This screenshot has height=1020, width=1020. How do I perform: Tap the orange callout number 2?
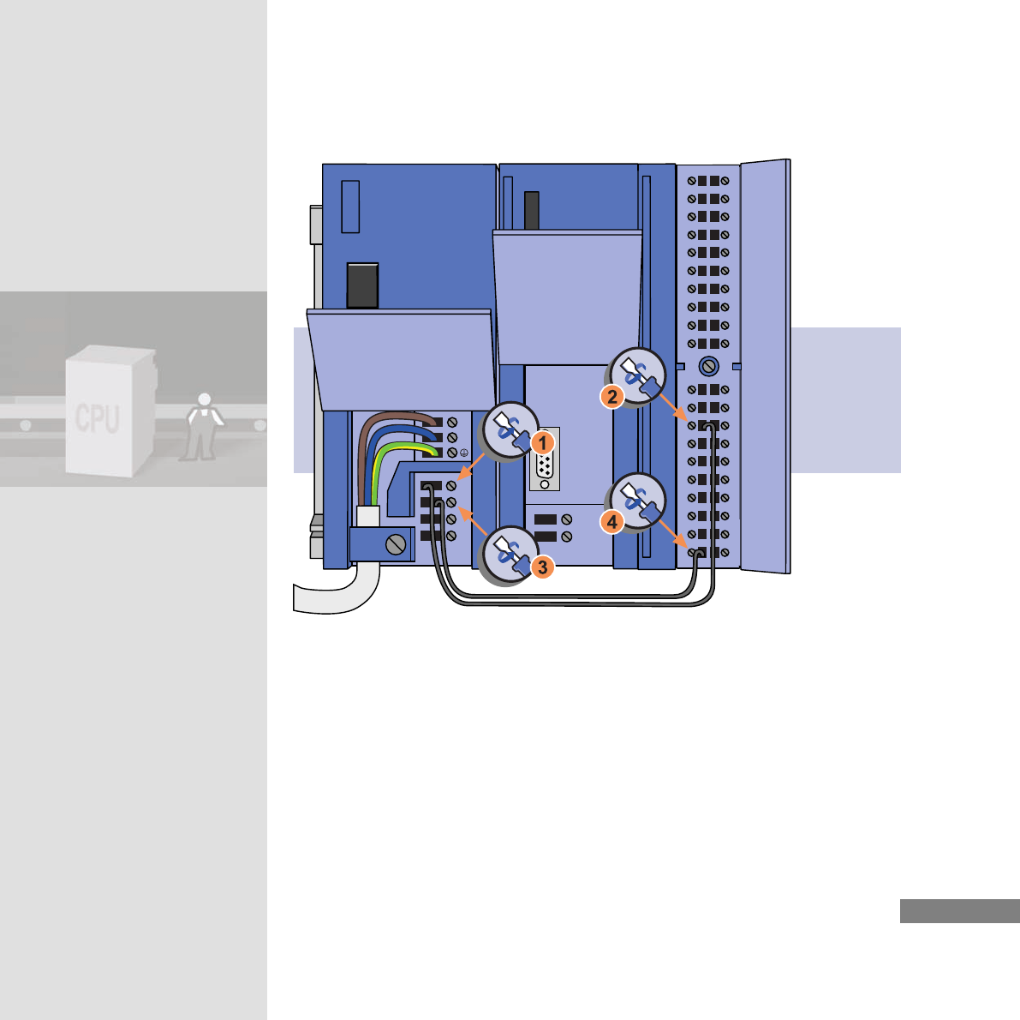pos(611,397)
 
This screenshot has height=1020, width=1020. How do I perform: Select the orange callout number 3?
pos(542,567)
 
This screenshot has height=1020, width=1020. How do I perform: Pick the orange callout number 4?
pos(611,520)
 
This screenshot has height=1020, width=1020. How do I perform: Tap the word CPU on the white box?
pos(98,417)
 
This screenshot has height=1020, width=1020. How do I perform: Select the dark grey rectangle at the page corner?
pos(959,911)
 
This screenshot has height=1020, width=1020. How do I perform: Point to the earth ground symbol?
pos(464,452)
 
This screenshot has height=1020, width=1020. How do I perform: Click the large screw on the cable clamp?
pos(396,543)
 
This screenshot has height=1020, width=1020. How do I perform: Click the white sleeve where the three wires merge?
pos(368,515)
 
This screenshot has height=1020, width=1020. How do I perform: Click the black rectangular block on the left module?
pos(362,285)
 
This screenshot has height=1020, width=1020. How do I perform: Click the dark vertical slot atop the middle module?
pos(531,211)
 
